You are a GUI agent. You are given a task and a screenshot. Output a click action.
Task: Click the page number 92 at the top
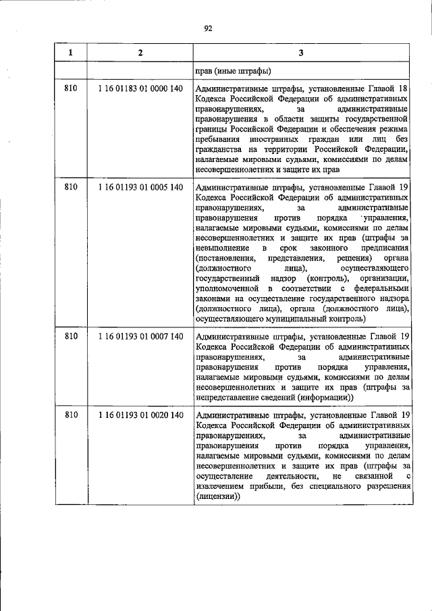click(x=209, y=28)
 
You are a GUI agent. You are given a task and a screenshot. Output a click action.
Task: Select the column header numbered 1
click(x=72, y=53)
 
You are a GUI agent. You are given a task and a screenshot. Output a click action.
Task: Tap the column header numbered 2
click(x=140, y=53)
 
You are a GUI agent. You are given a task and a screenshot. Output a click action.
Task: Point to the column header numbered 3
click(x=300, y=53)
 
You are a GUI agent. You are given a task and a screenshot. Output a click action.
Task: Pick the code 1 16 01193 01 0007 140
click(x=140, y=336)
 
